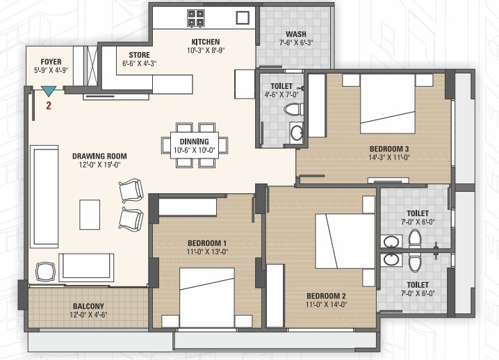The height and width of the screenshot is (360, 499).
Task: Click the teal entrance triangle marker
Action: tap(49, 91)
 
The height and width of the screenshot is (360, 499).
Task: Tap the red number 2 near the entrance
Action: tap(49, 106)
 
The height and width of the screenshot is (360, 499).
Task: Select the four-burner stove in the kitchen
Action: tap(196, 18)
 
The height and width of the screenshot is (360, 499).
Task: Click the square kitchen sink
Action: tap(243, 18)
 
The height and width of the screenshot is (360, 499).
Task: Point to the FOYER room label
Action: tap(51, 62)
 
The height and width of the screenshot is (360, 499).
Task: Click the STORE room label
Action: tap(140, 55)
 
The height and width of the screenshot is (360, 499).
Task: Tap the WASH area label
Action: tap(296, 34)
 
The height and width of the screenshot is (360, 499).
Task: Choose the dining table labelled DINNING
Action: tap(195, 145)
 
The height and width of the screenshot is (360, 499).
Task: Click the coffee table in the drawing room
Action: tap(90, 215)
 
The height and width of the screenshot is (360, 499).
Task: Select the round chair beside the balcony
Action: tap(45, 272)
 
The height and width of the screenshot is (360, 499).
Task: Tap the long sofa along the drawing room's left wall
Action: tap(44, 197)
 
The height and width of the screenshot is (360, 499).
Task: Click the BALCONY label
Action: tap(88, 306)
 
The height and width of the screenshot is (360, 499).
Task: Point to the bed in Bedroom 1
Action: tap(207, 297)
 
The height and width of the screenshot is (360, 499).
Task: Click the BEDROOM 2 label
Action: tap(326, 296)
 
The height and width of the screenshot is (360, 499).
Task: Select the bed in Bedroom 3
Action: tap(388, 104)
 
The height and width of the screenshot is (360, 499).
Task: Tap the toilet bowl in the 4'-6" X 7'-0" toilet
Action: tap(293, 109)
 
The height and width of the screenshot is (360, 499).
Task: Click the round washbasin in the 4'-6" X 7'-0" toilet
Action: tap(297, 132)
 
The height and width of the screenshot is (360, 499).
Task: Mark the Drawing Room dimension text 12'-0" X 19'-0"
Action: tap(99, 165)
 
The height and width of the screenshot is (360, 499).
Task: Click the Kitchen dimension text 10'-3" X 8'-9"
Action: tap(206, 50)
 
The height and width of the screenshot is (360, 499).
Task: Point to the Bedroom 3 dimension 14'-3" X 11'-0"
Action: tap(389, 157)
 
